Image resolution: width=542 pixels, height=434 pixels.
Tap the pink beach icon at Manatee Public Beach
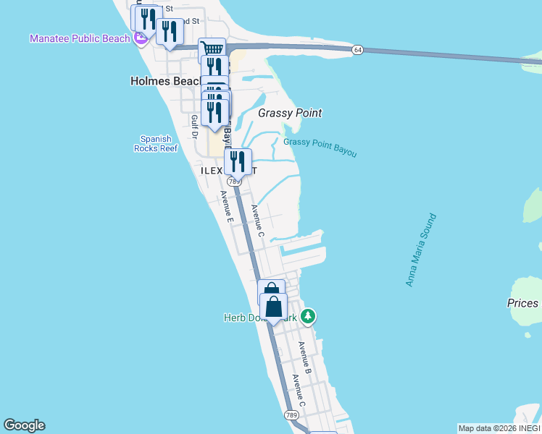click(x=139, y=39)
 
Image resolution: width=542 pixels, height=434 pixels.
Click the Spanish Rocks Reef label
click(x=156, y=143)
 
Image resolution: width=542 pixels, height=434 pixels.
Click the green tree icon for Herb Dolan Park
click(x=309, y=316)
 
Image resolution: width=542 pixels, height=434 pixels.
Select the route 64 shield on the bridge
click(x=358, y=49)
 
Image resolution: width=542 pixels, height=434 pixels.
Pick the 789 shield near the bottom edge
click(x=291, y=414)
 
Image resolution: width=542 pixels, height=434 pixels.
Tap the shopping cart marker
click(x=212, y=49)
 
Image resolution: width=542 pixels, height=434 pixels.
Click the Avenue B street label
click(x=305, y=359)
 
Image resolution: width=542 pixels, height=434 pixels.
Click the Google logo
click(x=24, y=425)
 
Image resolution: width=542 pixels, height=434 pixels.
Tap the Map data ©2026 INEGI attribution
click(x=499, y=428)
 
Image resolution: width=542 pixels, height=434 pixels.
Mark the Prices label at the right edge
click(x=522, y=303)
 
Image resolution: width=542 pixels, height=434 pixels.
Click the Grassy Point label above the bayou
click(x=290, y=113)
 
